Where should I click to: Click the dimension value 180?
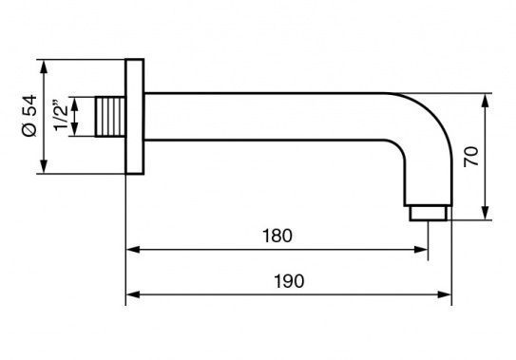(277, 236)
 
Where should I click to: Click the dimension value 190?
(289, 281)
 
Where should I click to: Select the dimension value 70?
(471, 157)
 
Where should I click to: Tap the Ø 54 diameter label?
(29, 116)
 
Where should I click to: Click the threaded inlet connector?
(110, 117)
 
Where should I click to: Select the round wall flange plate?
(135, 117)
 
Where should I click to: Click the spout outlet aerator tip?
(429, 214)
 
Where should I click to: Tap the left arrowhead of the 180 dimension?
(133, 250)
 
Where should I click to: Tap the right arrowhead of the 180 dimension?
(421, 250)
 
